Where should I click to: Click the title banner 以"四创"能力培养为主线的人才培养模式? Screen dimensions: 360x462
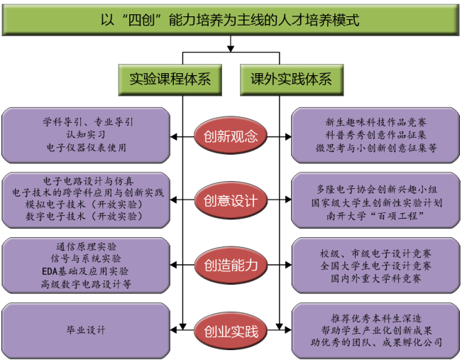230,19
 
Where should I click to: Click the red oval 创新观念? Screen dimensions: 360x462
231,135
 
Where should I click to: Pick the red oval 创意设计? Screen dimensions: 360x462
231,201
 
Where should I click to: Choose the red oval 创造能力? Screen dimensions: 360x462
231,266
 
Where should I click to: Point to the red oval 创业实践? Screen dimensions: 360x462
231,331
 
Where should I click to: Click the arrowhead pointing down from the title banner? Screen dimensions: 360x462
231,48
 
